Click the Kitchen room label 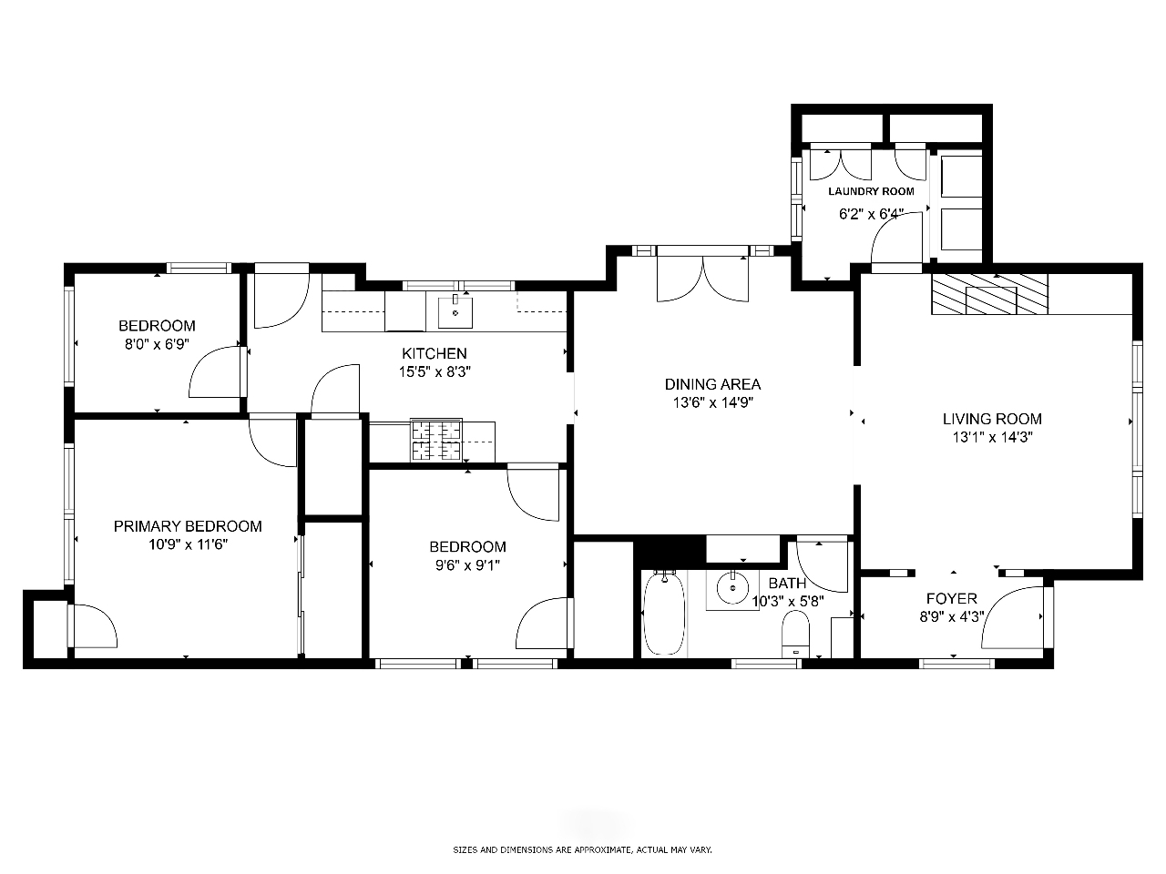click(x=434, y=353)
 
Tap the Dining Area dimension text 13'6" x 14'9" click(x=713, y=402)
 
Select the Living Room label click(x=992, y=419)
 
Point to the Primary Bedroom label click(x=188, y=526)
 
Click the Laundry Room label click(x=871, y=191)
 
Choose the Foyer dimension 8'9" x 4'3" click(x=952, y=617)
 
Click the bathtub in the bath click(x=663, y=614)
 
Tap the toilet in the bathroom click(x=795, y=635)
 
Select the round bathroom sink click(x=732, y=587)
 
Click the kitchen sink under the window click(x=455, y=312)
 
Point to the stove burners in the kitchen click(x=436, y=440)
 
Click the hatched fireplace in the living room click(x=989, y=294)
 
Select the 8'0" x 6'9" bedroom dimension click(x=157, y=344)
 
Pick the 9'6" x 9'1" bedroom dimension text click(x=467, y=565)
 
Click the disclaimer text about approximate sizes click(x=582, y=850)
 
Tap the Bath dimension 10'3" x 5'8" click(x=788, y=602)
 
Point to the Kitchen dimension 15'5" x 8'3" click(x=435, y=372)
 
